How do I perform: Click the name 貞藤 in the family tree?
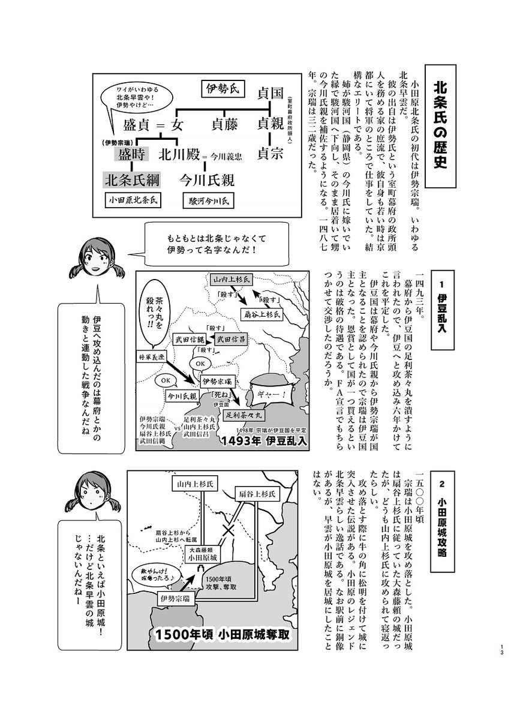point(224,125)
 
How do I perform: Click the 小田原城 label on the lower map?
point(202,557)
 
